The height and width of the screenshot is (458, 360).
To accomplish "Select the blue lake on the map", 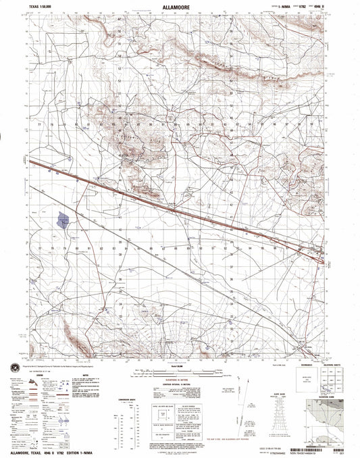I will (63, 220).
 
